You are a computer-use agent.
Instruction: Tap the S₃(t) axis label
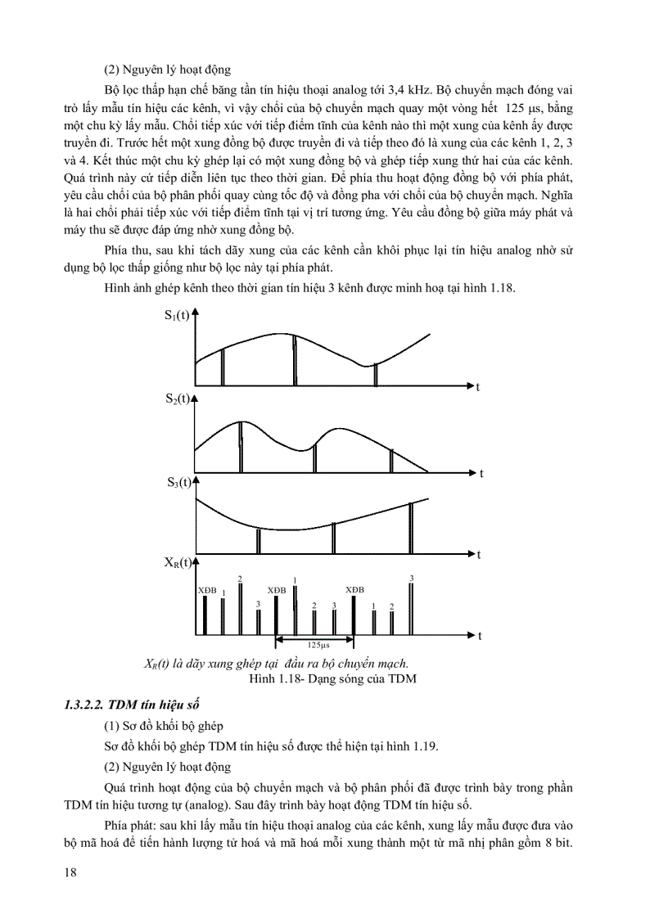[x=178, y=482]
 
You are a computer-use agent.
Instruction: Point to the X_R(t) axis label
[x=178, y=562]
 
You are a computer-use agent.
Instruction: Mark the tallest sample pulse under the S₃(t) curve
[x=411, y=528]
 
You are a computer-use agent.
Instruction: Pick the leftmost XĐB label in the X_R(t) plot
[x=206, y=590]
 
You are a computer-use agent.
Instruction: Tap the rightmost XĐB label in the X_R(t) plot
[x=354, y=589]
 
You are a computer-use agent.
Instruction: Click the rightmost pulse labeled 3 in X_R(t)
[x=411, y=606]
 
